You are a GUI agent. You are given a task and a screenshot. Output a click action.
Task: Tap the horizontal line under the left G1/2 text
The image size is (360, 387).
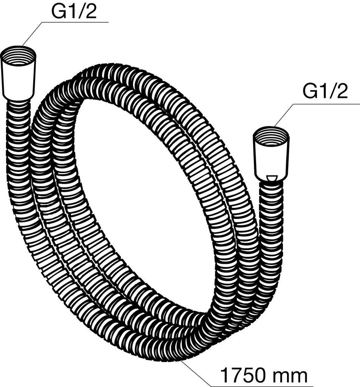76,22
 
